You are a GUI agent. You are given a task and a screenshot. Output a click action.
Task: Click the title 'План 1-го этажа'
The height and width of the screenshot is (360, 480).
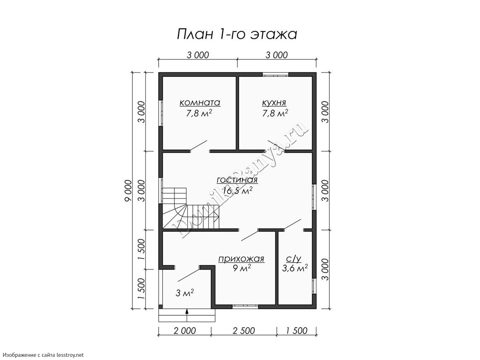[237, 34]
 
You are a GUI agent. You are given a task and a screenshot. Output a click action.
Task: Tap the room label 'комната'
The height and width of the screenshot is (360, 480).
[200, 102]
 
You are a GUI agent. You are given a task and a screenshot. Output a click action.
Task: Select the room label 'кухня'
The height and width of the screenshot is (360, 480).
[274, 103]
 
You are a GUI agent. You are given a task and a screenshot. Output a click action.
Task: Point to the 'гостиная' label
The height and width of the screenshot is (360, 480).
[237, 180]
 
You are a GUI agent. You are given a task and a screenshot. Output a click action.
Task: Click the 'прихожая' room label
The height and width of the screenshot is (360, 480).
[242, 259]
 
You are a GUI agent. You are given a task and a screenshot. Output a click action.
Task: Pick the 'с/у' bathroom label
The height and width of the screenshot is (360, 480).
[294, 259]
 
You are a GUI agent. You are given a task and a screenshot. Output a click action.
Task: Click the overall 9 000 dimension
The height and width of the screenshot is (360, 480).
[128, 190]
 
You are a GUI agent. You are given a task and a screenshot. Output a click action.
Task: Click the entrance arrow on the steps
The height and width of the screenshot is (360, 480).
[187, 315]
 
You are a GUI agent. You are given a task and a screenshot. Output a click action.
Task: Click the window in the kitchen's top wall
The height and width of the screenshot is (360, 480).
[276, 74]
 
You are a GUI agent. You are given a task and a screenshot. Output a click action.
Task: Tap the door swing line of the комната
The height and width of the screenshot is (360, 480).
[198, 145]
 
